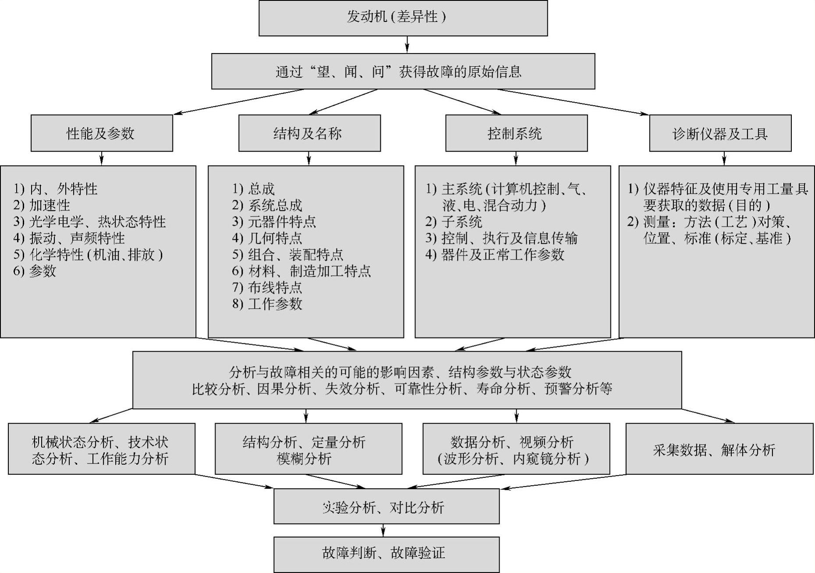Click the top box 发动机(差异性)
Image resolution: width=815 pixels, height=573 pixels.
click(x=403, y=18)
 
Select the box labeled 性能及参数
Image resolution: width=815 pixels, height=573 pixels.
click(x=101, y=133)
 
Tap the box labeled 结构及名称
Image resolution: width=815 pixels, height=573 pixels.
click(x=309, y=133)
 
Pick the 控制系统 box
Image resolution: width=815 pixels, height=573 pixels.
click(x=516, y=133)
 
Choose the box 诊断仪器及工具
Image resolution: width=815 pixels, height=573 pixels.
click(x=720, y=133)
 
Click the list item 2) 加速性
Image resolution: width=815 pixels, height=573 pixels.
click(x=42, y=205)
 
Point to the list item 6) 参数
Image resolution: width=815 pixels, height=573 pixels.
click(x=35, y=271)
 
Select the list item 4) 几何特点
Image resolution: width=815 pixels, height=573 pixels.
click(x=267, y=238)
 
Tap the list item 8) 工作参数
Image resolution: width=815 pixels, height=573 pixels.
click(x=267, y=304)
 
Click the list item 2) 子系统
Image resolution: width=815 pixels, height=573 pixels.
click(x=454, y=222)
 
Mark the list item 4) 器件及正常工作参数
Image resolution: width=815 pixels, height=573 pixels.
click(x=495, y=255)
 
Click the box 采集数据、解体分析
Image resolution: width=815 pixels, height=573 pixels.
click(x=719, y=449)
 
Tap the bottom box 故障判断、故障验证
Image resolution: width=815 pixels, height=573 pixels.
click(x=386, y=553)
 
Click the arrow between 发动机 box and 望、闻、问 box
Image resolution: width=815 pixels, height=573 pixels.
click(x=407, y=45)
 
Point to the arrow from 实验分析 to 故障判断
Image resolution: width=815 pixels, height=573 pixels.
click(x=383, y=530)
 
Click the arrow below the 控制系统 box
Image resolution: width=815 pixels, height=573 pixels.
click(x=516, y=158)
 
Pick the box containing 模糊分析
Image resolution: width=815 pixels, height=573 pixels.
click(x=308, y=449)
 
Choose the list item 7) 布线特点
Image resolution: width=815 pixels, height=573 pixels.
click(x=267, y=288)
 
